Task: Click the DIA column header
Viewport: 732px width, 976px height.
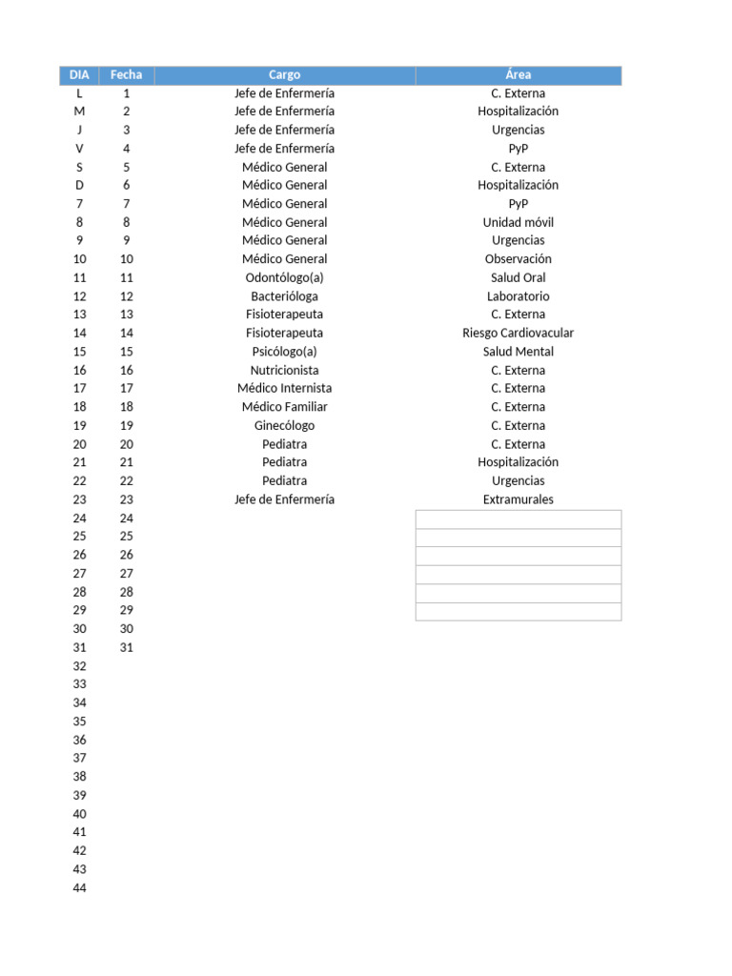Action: click(79, 74)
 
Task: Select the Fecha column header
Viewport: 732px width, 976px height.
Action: click(126, 74)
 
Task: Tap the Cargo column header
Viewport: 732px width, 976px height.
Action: click(284, 74)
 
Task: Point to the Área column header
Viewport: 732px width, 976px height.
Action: click(518, 74)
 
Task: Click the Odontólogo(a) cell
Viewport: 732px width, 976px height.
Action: click(284, 277)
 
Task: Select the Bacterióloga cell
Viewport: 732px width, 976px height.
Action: click(284, 296)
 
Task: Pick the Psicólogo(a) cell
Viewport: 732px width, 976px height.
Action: click(284, 352)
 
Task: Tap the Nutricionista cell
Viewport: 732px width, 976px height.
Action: click(284, 370)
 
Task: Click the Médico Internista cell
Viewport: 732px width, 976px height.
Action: click(284, 388)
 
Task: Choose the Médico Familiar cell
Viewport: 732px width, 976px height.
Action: click(284, 407)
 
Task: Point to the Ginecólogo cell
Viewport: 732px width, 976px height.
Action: click(284, 425)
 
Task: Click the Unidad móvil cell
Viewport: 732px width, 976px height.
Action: click(518, 222)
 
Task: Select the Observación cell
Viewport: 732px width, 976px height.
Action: click(518, 259)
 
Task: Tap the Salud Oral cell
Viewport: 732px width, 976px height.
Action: click(518, 277)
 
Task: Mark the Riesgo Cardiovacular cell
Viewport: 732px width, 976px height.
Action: click(518, 333)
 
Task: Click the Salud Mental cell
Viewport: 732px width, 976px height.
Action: click(518, 352)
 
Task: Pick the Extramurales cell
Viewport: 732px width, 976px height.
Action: click(518, 499)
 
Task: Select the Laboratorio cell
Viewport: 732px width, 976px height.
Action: click(518, 296)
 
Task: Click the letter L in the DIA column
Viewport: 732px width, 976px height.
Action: click(79, 93)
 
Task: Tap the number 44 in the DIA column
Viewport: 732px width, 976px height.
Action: click(79, 888)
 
